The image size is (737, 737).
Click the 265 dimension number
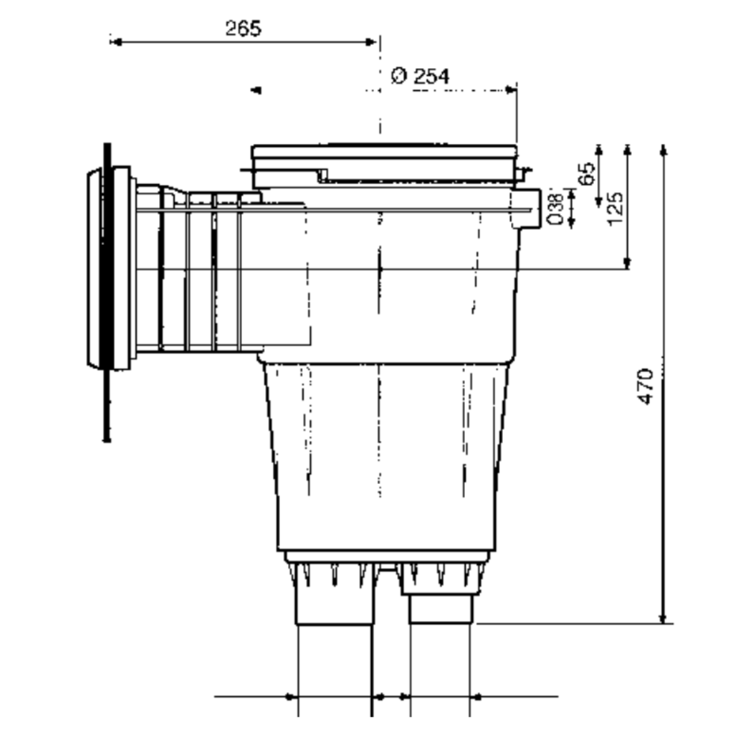(x=243, y=29)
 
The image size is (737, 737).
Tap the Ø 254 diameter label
(x=420, y=76)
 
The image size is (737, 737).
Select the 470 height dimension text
(x=646, y=386)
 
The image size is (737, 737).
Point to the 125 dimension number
(x=615, y=209)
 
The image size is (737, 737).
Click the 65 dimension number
(x=587, y=174)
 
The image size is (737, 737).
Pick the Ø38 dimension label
(x=555, y=209)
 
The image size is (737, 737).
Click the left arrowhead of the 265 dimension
(x=116, y=42)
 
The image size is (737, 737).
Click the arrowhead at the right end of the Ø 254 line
(x=511, y=90)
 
